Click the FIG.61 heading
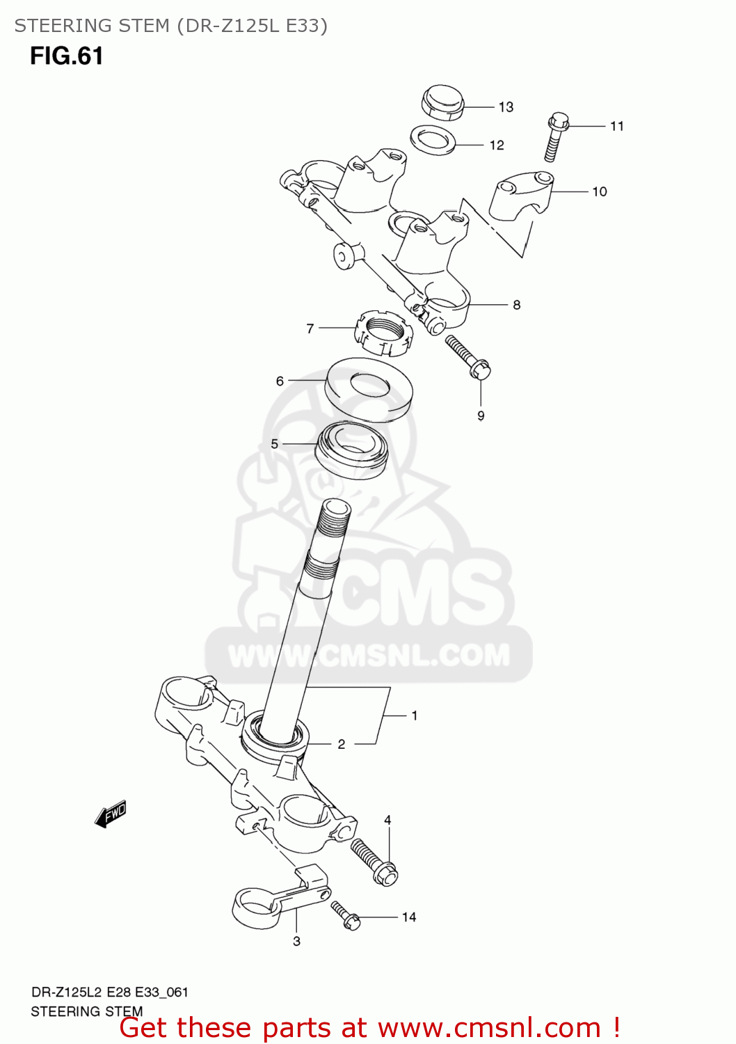pos(66,56)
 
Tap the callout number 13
pos(506,107)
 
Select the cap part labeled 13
pos(442,102)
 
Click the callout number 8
pos(516,305)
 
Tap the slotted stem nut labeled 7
pos(383,333)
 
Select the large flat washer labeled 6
pos(369,389)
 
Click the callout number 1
pos(415,715)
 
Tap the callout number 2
pos(342,744)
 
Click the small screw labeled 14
pos(345,915)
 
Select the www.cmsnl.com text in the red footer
pos(489,1028)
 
